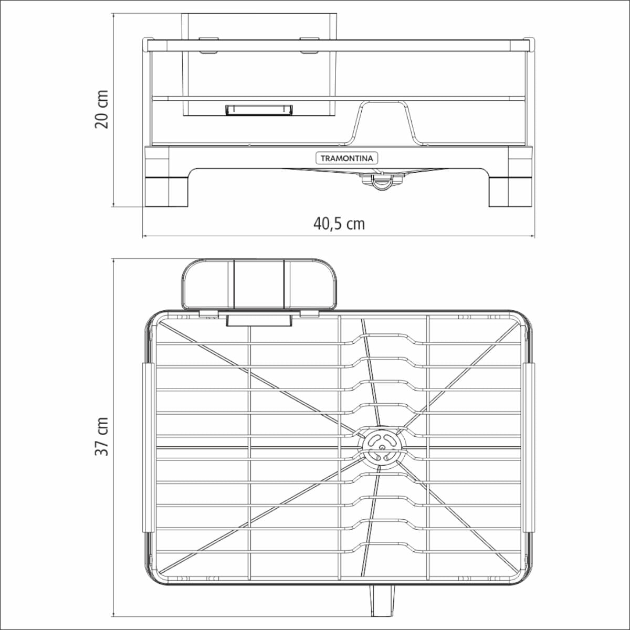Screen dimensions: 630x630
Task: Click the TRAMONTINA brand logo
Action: click(346, 159)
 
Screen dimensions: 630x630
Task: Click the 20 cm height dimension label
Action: click(101, 110)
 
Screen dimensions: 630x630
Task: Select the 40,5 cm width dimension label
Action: click(339, 224)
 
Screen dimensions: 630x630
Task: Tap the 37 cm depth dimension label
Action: click(101, 437)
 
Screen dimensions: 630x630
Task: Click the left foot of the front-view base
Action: click(167, 192)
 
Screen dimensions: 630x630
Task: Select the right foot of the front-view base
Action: click(510, 192)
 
